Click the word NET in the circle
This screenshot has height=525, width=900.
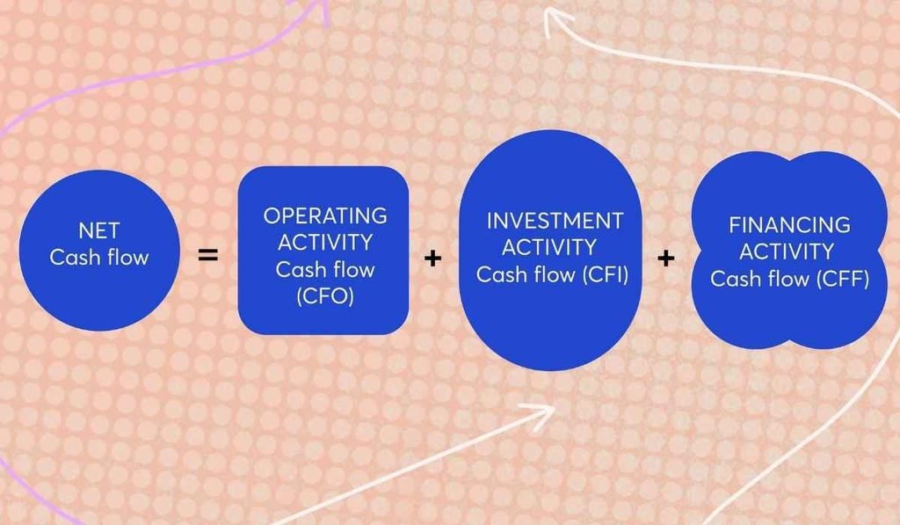point(98,231)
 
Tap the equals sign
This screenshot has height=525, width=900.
point(207,255)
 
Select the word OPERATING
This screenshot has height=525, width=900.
point(325,216)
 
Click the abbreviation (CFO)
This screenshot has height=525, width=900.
point(325,295)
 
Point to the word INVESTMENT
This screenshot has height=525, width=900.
point(555,221)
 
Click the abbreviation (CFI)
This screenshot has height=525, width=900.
point(606,274)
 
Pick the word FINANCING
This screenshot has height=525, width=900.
point(790,224)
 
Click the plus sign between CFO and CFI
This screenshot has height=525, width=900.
point(432,259)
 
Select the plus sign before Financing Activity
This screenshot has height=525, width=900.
point(666,259)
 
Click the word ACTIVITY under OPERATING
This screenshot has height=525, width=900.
point(325,243)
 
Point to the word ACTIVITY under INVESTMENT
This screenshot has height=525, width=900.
point(549,248)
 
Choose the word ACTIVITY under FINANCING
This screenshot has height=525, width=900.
point(787,252)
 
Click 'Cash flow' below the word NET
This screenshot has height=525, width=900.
point(99,258)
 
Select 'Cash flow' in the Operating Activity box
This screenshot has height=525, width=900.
point(325,269)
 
